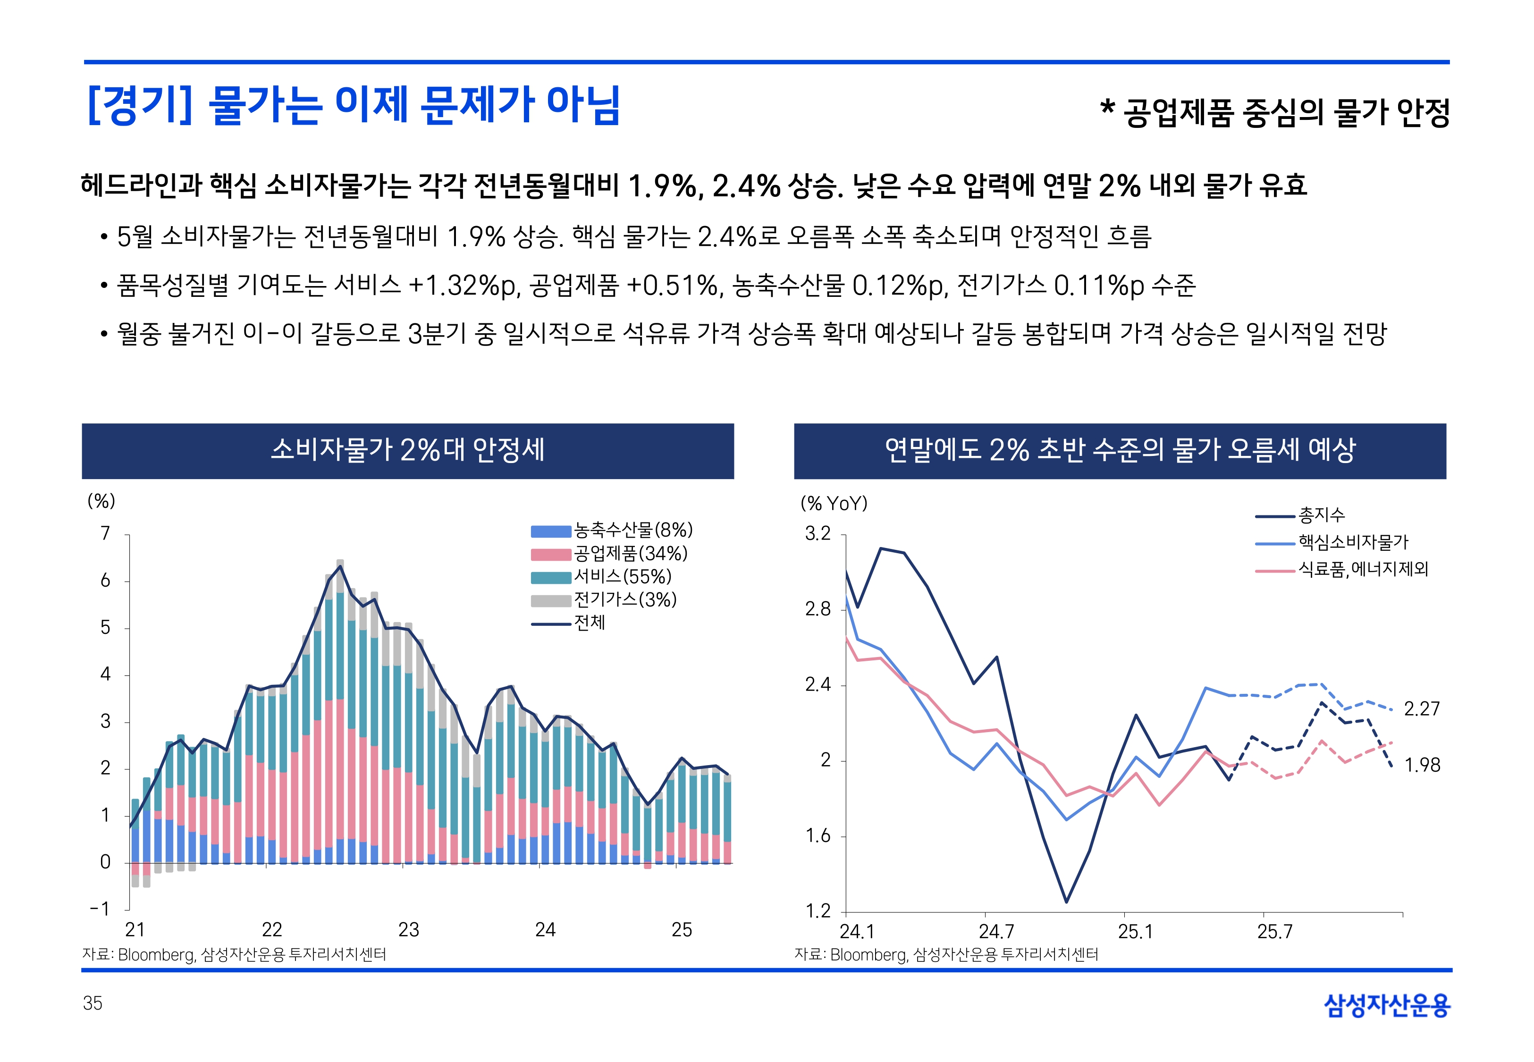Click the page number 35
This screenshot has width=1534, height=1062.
[93, 1003]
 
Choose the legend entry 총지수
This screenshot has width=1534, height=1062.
[1321, 515]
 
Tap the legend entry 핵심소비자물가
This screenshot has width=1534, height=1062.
[1352, 542]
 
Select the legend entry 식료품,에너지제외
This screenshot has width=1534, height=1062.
[1362, 569]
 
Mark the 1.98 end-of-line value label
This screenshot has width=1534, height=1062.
[1422, 765]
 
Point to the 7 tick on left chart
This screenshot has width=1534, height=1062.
[105, 534]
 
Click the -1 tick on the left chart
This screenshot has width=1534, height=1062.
[100, 909]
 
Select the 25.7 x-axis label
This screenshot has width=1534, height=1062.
[1274, 932]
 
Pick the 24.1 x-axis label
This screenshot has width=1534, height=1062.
[856, 932]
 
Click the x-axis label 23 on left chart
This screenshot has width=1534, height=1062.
[408, 929]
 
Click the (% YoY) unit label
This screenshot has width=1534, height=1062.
[834, 504]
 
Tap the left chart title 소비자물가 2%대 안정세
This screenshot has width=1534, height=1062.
[408, 450]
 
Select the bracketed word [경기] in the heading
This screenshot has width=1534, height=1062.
[139, 105]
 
